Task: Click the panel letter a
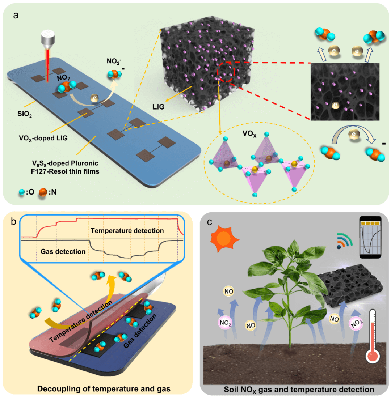pyautogui.click(x=16, y=15)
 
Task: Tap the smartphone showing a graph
pyautogui.click(x=372, y=238)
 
